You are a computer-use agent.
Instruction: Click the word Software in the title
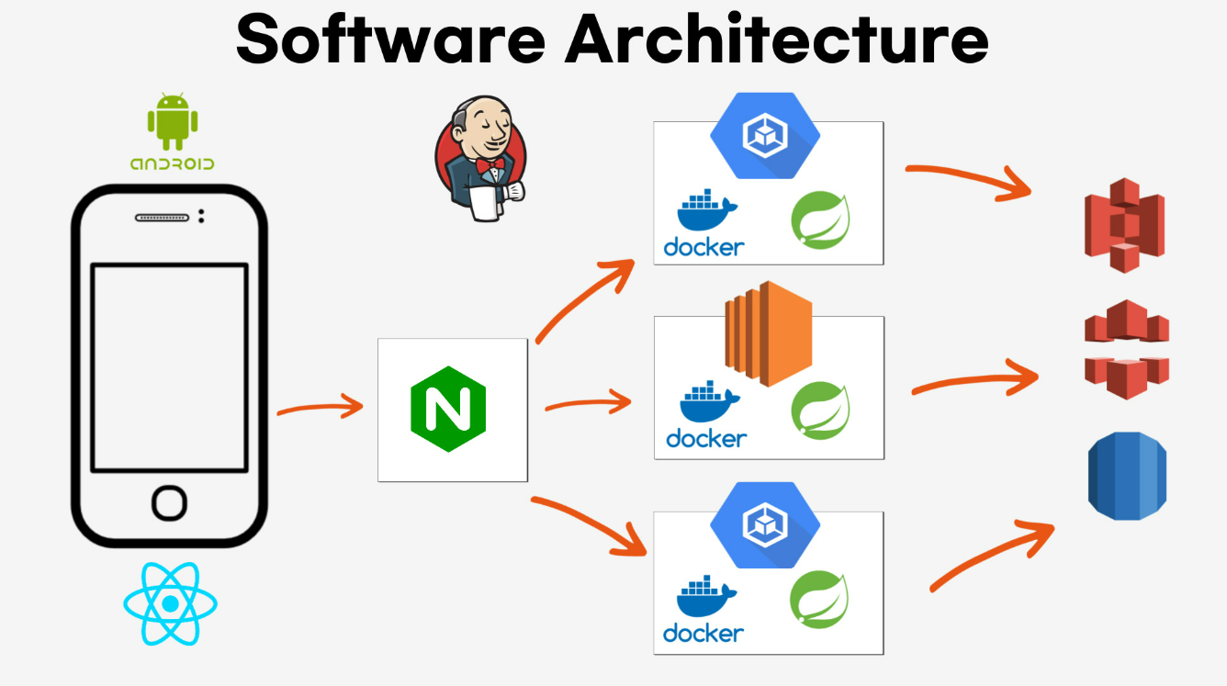(391, 39)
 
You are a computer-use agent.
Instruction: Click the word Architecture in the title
(777, 39)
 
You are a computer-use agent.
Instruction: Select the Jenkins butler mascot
(481, 158)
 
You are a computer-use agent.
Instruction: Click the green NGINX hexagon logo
(448, 409)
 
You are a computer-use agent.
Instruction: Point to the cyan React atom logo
(170, 603)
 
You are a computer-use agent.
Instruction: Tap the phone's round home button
(169, 503)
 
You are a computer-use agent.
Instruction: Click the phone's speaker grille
(163, 218)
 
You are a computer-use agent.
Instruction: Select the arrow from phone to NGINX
(321, 408)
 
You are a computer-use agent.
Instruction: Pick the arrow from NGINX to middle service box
(588, 403)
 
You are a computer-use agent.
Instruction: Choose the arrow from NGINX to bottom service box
(589, 523)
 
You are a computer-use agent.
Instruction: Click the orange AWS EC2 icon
(768, 333)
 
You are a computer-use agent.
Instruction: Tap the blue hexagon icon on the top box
(765, 135)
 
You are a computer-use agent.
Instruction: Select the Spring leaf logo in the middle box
(820, 410)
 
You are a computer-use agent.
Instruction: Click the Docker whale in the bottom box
(706, 596)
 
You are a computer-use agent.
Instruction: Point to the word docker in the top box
(704, 248)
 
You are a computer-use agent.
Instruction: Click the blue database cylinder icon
(1127, 476)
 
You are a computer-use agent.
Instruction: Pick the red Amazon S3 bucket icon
(1124, 225)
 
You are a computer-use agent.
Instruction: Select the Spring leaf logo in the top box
(820, 220)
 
